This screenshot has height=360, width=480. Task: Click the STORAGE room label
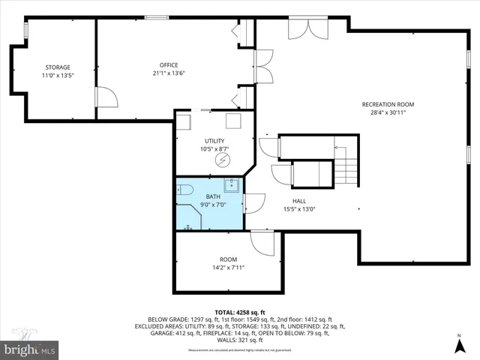point(57,67)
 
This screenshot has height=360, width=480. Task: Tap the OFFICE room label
point(168,64)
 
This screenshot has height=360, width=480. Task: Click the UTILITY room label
point(214,141)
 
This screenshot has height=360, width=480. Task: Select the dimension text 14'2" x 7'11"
point(228,267)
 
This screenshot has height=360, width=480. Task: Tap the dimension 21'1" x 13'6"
point(168,73)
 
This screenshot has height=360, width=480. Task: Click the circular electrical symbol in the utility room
point(222,160)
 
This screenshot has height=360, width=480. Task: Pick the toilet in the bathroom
point(184,190)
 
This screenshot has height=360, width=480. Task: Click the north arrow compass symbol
point(458,345)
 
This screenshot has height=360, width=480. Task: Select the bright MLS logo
point(30,349)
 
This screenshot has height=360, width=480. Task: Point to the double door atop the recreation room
point(307,28)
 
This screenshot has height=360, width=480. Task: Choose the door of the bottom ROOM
point(264,241)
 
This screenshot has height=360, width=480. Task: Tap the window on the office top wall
point(156,17)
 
